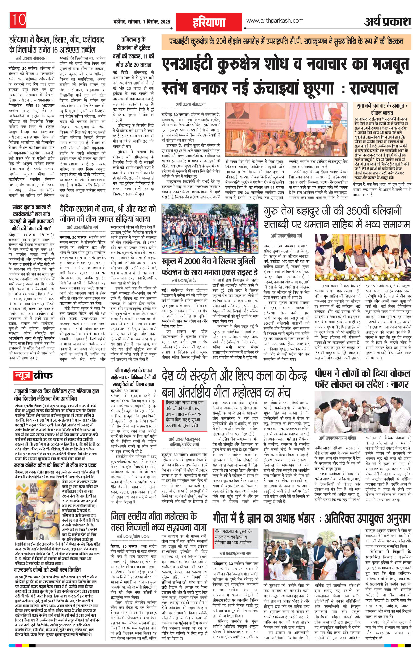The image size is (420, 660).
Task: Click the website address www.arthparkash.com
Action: tap(275, 21)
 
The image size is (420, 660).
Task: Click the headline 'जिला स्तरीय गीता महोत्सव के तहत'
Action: tap(154, 522)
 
